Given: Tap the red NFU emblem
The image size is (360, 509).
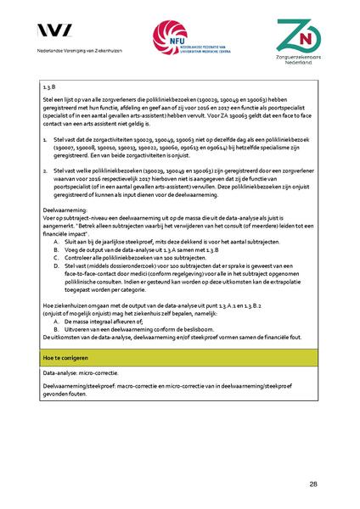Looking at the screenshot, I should tap(166, 36).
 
